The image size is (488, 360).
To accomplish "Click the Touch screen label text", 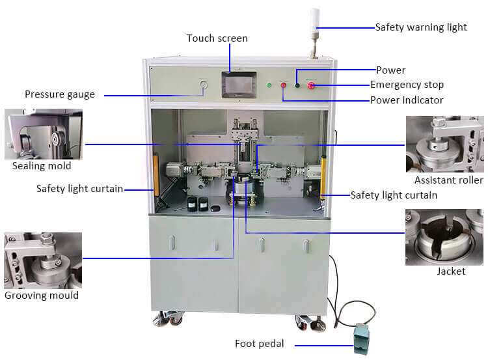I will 217,38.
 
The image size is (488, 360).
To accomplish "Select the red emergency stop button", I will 311,85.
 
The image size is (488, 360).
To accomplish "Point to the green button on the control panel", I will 269,85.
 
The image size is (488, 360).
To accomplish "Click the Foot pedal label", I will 259,344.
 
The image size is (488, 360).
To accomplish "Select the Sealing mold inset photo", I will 43,134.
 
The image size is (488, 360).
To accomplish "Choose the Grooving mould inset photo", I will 43,260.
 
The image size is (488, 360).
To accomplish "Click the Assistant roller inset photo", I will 445,144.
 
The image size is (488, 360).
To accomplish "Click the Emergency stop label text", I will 407,85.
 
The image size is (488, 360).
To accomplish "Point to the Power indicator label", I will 407,100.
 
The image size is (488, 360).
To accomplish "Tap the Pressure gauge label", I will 60,94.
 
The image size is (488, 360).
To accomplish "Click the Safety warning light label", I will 421,27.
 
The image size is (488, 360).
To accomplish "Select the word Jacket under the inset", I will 451,271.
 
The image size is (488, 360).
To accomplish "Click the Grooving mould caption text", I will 42,296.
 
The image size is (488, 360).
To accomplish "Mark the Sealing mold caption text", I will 42,166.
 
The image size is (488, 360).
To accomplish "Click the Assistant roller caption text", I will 448,180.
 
